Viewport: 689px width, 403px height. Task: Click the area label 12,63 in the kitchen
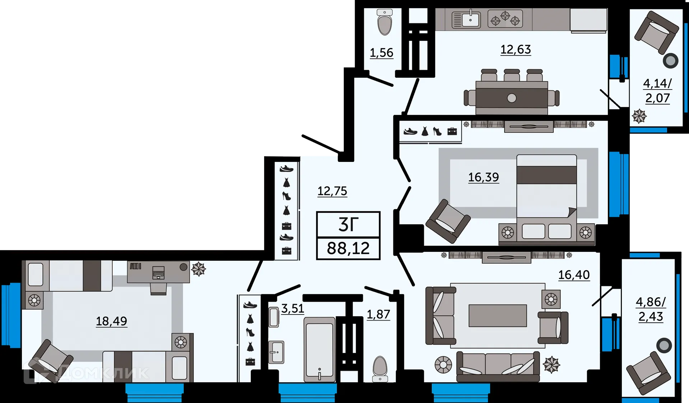coord(515,49)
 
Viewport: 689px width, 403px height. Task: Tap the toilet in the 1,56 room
coord(385,23)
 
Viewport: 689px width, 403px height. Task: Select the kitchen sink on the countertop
coord(466,20)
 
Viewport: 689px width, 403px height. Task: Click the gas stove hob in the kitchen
coord(505,19)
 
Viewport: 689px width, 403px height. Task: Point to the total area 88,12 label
coord(348,248)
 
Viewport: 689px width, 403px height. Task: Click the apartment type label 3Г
coord(348,225)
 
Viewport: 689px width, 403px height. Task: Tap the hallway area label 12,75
coord(332,191)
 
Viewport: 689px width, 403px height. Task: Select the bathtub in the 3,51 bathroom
coord(319,349)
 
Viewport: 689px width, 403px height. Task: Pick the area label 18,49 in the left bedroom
coord(111,321)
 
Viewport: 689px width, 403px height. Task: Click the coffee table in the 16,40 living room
coord(497,316)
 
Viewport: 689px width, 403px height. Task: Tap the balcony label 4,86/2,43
coord(651,309)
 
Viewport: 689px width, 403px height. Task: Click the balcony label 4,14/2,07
coord(657,91)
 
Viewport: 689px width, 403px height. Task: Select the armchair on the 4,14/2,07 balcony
coord(656,32)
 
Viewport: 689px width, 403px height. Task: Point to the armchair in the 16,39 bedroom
coord(447,221)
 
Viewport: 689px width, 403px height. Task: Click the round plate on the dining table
coord(512,98)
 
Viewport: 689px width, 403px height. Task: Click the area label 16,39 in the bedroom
coord(483,177)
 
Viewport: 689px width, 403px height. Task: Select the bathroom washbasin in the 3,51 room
coord(276,352)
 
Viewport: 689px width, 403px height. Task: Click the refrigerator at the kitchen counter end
coord(589,20)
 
